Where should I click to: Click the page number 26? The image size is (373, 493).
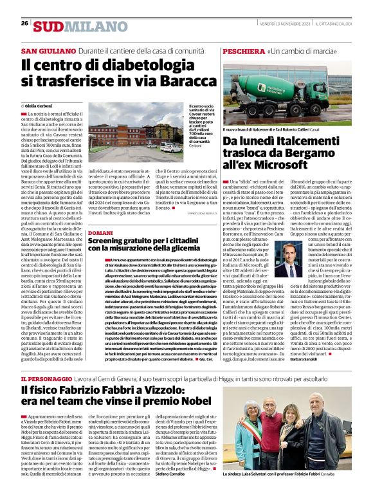pyautogui.click(x=24, y=23)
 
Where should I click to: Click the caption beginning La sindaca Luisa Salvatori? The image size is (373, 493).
pyautogui.click(x=300, y=483)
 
